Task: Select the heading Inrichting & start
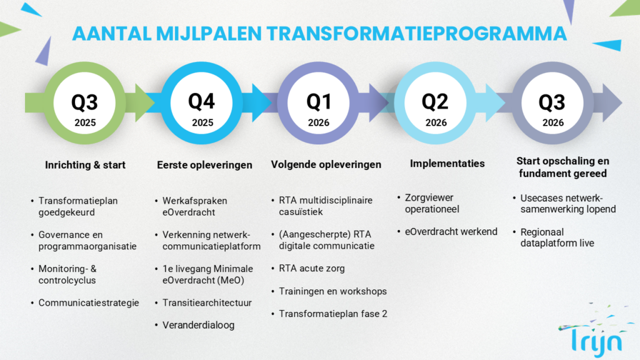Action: (x=85, y=165)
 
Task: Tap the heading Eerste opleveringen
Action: (x=204, y=165)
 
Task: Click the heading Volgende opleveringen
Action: (x=326, y=164)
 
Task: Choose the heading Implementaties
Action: (x=447, y=163)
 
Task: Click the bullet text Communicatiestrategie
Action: (x=89, y=303)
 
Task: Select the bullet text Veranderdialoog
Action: (x=198, y=325)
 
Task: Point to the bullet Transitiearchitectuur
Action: (x=207, y=303)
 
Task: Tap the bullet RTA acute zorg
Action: (x=312, y=269)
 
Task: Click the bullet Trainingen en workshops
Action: (x=332, y=291)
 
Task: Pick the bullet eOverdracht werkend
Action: (x=451, y=232)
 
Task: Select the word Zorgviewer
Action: (x=429, y=198)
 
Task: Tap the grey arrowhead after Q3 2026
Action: (x=612, y=103)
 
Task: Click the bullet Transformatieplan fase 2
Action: (x=333, y=314)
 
